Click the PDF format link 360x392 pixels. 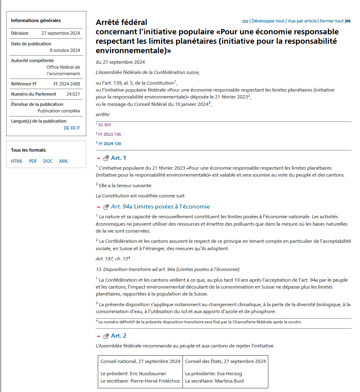pos(33,161)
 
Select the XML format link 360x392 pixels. pos(63,161)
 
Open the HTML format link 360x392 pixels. pos(17,161)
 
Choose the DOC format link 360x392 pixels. pos(48,161)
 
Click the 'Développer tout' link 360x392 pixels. pos(268,21)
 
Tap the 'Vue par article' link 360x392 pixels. pos(302,21)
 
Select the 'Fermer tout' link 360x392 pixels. pos(332,21)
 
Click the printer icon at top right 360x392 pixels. pos(348,21)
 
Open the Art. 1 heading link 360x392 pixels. pos(119,158)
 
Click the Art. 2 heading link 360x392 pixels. pos(119,336)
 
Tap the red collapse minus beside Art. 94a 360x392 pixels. pos(99,207)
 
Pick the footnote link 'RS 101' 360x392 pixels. pos(105,125)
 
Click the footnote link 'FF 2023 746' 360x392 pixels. pos(110,134)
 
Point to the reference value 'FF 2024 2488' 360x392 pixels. pos(67,84)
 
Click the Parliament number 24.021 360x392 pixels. pos(73,94)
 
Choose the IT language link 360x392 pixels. pos(78,128)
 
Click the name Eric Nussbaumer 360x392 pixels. pos(149,374)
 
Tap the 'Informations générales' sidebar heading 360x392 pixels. pos(36,20)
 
